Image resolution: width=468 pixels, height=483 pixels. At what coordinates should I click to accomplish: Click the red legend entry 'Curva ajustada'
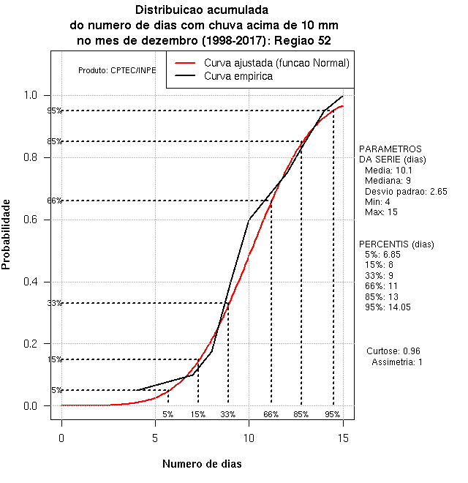pyautogui.click(x=276, y=63)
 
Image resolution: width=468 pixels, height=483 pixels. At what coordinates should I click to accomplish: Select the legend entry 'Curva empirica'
pyautogui.click(x=238, y=76)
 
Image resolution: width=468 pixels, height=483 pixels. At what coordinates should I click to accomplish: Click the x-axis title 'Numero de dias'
pyautogui.click(x=202, y=464)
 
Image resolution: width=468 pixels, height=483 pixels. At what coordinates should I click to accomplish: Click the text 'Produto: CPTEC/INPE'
pyautogui.click(x=117, y=71)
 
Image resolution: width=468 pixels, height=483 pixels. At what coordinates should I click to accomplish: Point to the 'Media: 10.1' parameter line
pyautogui.click(x=388, y=170)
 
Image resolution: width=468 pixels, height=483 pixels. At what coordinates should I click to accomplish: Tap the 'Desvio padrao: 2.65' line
pyautogui.click(x=405, y=191)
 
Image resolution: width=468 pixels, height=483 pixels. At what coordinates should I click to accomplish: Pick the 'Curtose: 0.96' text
pyautogui.click(x=396, y=351)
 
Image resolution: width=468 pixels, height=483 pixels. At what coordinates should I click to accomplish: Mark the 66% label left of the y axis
pyautogui.click(x=55, y=201)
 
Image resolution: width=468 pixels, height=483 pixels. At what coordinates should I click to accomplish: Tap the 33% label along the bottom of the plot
pyautogui.click(x=228, y=414)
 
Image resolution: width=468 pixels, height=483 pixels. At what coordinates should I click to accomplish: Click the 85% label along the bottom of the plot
pyautogui.click(x=301, y=414)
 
